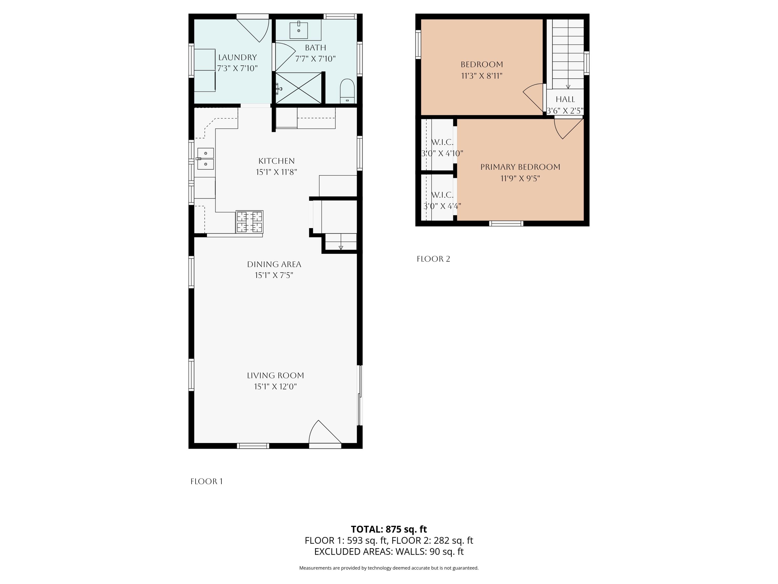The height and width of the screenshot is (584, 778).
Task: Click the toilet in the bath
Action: coord(348,91)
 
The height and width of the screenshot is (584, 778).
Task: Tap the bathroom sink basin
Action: coord(298,31)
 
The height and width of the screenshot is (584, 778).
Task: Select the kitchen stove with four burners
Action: coord(249,222)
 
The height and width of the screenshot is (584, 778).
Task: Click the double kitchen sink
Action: coord(205,159)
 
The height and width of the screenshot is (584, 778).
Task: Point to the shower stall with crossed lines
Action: coord(298,88)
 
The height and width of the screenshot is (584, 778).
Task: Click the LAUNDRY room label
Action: coord(237,57)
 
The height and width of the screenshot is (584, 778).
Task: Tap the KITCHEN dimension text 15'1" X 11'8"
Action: coord(276,172)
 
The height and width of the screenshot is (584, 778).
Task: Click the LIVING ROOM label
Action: coord(275,376)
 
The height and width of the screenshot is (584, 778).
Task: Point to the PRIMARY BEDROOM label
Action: coord(520,167)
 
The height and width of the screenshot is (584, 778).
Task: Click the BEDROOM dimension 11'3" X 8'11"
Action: coord(482,76)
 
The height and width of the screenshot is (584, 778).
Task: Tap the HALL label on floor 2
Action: coord(565,99)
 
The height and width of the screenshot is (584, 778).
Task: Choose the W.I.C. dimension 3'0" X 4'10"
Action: coord(442,153)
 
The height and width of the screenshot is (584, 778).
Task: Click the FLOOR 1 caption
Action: coord(206,481)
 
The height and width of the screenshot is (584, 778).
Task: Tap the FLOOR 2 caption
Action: coord(433,259)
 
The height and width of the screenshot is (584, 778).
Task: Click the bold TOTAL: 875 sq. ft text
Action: coord(389,529)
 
